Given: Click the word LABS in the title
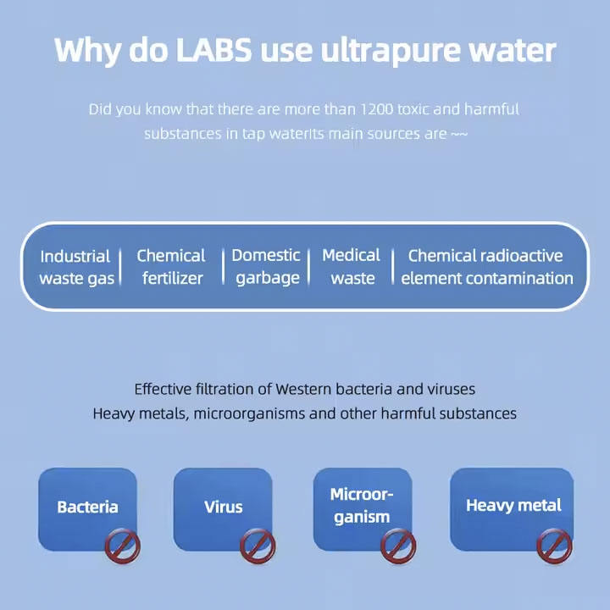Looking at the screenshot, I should click(213, 50).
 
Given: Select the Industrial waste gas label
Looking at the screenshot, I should click(75, 267).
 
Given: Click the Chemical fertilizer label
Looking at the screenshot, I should click(171, 267).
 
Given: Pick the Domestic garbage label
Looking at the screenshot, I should click(266, 267).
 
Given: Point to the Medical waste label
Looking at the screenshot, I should click(352, 267).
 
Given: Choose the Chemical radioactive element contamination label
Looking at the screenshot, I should click(486, 267).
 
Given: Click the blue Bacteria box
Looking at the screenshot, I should click(86, 507).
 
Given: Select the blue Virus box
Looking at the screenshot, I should click(223, 507).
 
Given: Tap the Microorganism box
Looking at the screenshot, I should click(362, 505).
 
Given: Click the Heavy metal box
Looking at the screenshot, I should click(513, 505).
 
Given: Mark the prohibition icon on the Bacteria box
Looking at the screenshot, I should click(122, 546).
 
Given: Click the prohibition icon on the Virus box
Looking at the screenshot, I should click(257, 546).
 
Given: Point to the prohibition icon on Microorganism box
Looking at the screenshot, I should click(397, 546).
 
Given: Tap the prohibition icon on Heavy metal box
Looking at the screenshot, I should click(554, 546).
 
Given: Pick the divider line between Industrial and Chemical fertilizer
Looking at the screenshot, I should click(119, 267).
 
